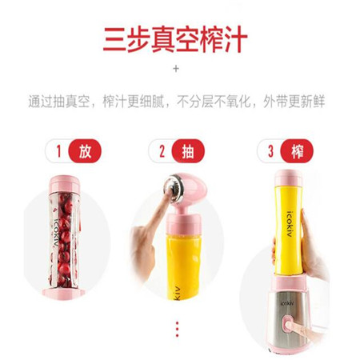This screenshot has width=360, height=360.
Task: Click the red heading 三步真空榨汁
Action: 175,39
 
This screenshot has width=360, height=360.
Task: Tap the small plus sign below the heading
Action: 176,69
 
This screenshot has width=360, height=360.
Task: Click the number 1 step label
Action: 59,151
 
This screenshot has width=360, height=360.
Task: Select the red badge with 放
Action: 85,151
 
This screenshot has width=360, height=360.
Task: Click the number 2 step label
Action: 162,151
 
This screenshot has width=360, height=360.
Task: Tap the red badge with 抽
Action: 188,151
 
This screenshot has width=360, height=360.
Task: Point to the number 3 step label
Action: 270,151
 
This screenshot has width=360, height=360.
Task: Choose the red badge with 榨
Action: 297,151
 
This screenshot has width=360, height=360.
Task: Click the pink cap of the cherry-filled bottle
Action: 64,184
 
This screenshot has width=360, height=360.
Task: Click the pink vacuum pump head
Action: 190,188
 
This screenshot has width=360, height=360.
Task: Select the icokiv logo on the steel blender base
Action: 287,303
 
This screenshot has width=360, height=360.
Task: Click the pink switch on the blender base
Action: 287,325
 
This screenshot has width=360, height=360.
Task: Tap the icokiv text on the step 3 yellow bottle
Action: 291,224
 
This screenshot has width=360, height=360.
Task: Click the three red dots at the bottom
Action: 177,329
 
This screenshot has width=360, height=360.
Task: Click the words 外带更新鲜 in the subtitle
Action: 294,102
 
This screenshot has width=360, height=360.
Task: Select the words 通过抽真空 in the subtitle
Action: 59,102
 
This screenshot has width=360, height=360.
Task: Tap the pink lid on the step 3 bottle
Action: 288,178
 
